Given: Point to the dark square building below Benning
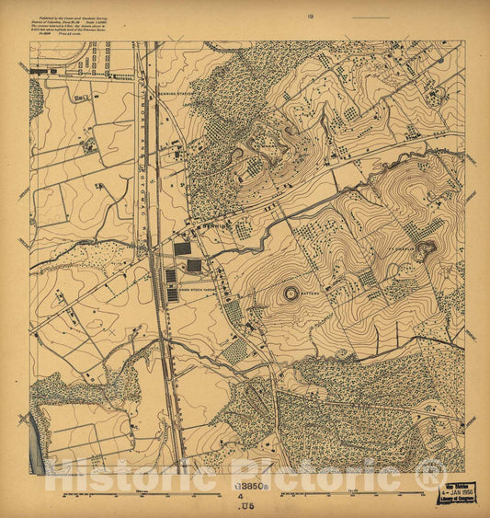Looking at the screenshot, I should click(182, 247).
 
